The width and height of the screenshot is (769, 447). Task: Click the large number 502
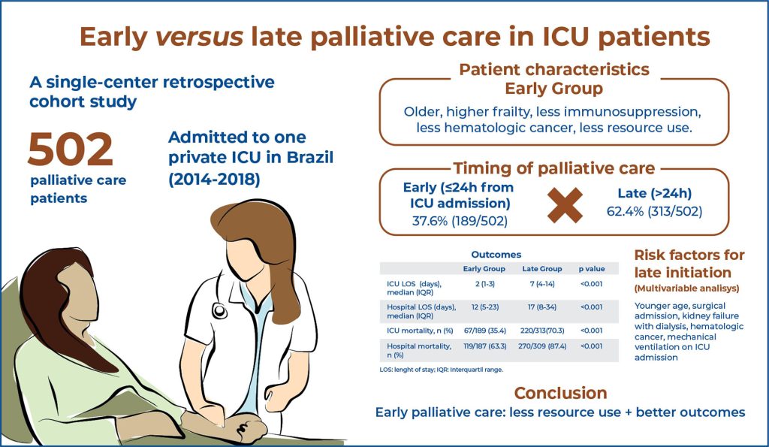(71, 150)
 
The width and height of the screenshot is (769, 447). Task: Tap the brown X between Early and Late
(565, 205)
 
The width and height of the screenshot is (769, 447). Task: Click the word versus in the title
(199, 37)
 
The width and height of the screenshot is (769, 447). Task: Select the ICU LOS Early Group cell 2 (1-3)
(484, 284)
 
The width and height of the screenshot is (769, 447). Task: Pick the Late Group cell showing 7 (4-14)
(542, 284)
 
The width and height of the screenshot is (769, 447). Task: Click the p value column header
(592, 269)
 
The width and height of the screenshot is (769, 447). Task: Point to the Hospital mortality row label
(419, 350)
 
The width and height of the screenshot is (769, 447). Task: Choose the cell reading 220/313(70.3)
(542, 331)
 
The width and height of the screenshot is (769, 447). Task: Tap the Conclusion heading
(560, 393)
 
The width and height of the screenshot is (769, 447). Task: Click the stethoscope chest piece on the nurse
(219, 311)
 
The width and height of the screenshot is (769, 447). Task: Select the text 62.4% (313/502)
(654, 211)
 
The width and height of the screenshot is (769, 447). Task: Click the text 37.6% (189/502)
(460, 222)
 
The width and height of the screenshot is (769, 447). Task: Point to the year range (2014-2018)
(214, 180)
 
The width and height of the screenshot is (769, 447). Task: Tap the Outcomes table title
(496, 255)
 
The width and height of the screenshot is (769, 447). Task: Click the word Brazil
(310, 158)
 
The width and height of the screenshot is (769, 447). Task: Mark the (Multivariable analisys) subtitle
(686, 288)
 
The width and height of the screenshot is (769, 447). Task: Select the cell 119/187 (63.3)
(484, 346)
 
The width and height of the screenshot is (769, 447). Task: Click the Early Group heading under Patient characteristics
(553, 89)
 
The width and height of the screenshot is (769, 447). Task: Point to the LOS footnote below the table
(441, 370)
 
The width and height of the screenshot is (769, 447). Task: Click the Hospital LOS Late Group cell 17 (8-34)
(542, 307)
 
